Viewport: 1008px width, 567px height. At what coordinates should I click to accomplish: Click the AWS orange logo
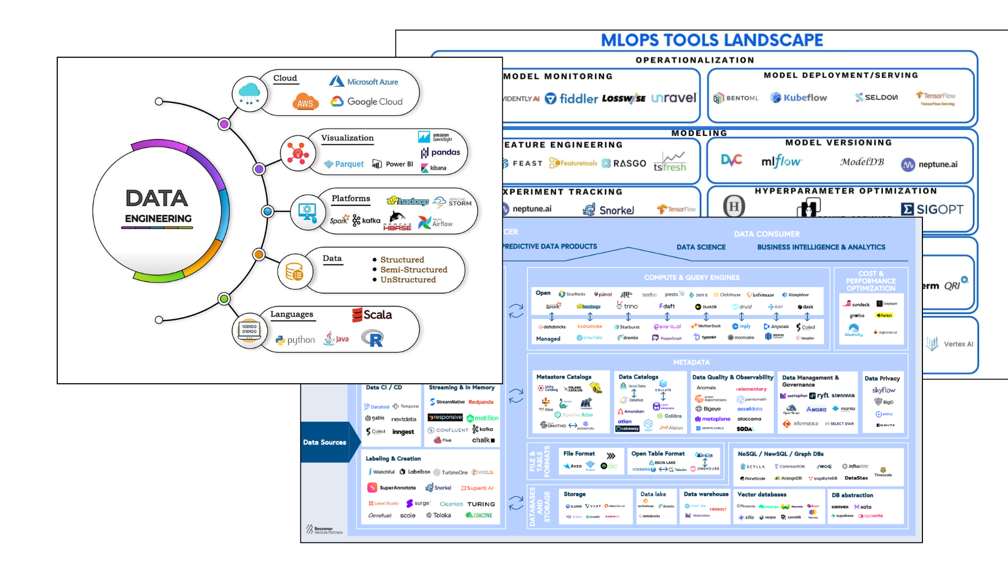click(x=305, y=102)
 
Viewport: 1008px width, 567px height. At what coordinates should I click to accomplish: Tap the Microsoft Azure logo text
click(x=372, y=82)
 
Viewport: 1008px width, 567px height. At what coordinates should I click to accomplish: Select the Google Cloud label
click(x=374, y=102)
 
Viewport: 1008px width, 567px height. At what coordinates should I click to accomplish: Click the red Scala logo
click(x=372, y=315)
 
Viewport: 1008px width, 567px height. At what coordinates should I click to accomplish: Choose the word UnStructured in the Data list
click(x=408, y=280)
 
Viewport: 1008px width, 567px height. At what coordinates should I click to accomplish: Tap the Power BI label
click(x=399, y=164)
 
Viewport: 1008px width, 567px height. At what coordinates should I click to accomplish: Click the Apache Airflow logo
click(x=435, y=223)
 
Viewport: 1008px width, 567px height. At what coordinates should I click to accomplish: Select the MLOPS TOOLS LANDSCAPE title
click(x=711, y=40)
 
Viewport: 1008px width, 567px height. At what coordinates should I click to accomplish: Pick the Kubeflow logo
click(x=799, y=98)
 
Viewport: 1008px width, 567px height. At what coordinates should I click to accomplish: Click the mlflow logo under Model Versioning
click(x=781, y=162)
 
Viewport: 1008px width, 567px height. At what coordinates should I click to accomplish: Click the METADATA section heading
click(x=691, y=362)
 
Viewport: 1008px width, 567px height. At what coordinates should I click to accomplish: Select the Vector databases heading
click(x=762, y=495)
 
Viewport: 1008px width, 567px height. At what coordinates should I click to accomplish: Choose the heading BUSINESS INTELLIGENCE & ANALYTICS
click(x=821, y=247)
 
